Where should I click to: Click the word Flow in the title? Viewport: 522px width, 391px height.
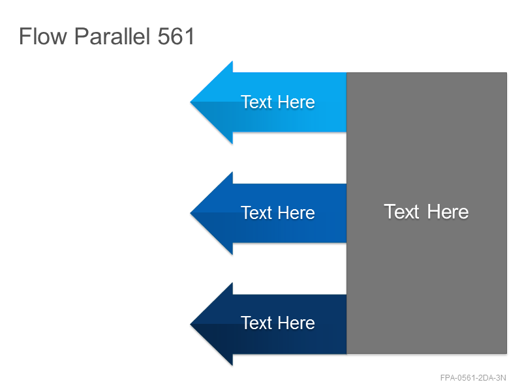pos(43,36)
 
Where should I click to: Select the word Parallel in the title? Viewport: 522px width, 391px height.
pos(112,36)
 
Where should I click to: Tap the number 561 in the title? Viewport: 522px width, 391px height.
pos(176,36)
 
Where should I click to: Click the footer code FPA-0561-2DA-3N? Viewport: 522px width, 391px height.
pos(472,378)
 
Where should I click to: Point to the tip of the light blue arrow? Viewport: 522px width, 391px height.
pos(190,102)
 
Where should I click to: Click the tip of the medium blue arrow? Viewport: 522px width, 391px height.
pos(190,213)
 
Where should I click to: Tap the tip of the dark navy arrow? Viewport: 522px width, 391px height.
pos(190,324)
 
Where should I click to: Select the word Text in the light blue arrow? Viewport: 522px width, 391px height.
pos(256,102)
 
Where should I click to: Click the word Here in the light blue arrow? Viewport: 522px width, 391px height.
pos(296,102)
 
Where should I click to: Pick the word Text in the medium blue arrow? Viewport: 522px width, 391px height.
pos(256,212)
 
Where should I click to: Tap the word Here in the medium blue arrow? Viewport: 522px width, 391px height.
pos(296,212)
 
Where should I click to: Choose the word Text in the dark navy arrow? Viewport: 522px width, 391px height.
pos(256,323)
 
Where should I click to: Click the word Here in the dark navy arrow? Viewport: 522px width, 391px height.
pos(296,323)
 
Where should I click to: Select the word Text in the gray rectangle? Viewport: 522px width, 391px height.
pos(401,211)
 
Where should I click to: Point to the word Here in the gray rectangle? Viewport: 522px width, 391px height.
pos(448,211)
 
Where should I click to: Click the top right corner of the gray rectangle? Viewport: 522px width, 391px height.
pos(507,73)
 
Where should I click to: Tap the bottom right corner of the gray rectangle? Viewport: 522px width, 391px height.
pos(507,353)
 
